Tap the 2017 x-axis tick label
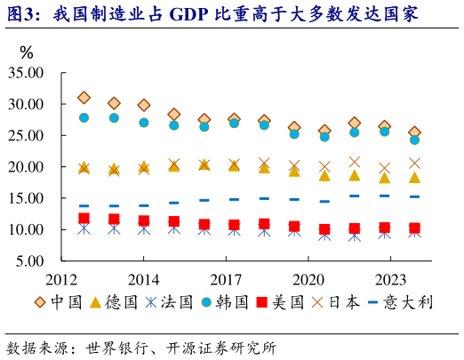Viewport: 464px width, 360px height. tap(227, 277)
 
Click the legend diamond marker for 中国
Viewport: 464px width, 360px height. tap(40, 302)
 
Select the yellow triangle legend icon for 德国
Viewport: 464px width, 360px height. tap(97, 302)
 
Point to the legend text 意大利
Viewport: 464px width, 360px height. tap(412, 302)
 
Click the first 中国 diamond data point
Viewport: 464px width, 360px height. tap(84, 98)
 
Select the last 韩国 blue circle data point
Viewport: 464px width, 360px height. tap(414, 140)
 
